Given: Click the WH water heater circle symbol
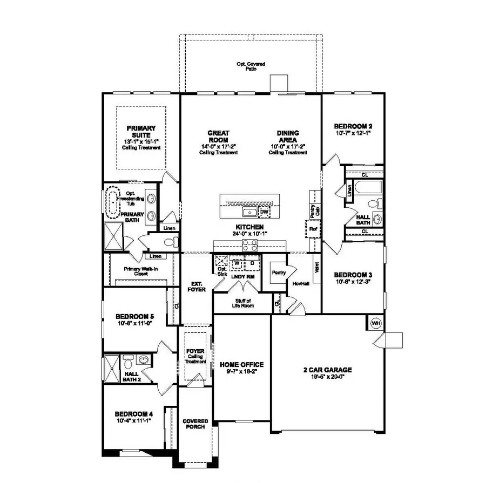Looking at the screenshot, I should [376, 323].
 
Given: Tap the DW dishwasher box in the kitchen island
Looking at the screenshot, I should [264, 212].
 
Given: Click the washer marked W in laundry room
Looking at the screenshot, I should [237, 264].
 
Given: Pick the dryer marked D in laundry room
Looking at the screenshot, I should [252, 264].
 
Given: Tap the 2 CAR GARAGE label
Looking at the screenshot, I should [327, 373].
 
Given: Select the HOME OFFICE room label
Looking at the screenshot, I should [241, 368].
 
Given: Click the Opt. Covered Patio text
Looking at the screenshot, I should [251, 66].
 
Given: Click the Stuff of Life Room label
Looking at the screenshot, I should [243, 303].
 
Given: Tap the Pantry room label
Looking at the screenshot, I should [279, 273].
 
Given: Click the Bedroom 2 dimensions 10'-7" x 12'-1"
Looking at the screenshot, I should [353, 132].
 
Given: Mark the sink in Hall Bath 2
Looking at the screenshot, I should [143, 359].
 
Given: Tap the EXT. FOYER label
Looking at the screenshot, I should [197, 287].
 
